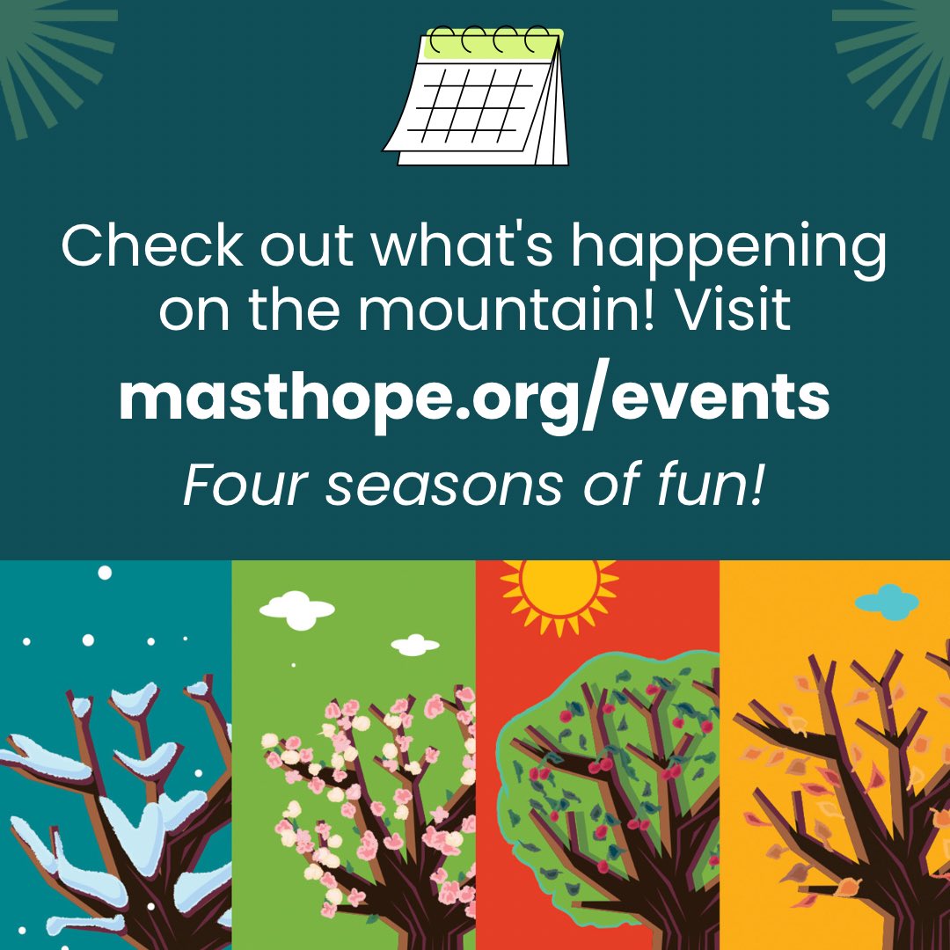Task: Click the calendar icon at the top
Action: pyautogui.click(x=476, y=97)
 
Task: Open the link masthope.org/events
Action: pyautogui.click(x=474, y=399)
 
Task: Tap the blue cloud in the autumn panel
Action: pyautogui.click(x=887, y=602)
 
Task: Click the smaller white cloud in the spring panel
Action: pyautogui.click(x=415, y=646)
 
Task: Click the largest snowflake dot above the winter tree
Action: pyautogui.click(x=105, y=573)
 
